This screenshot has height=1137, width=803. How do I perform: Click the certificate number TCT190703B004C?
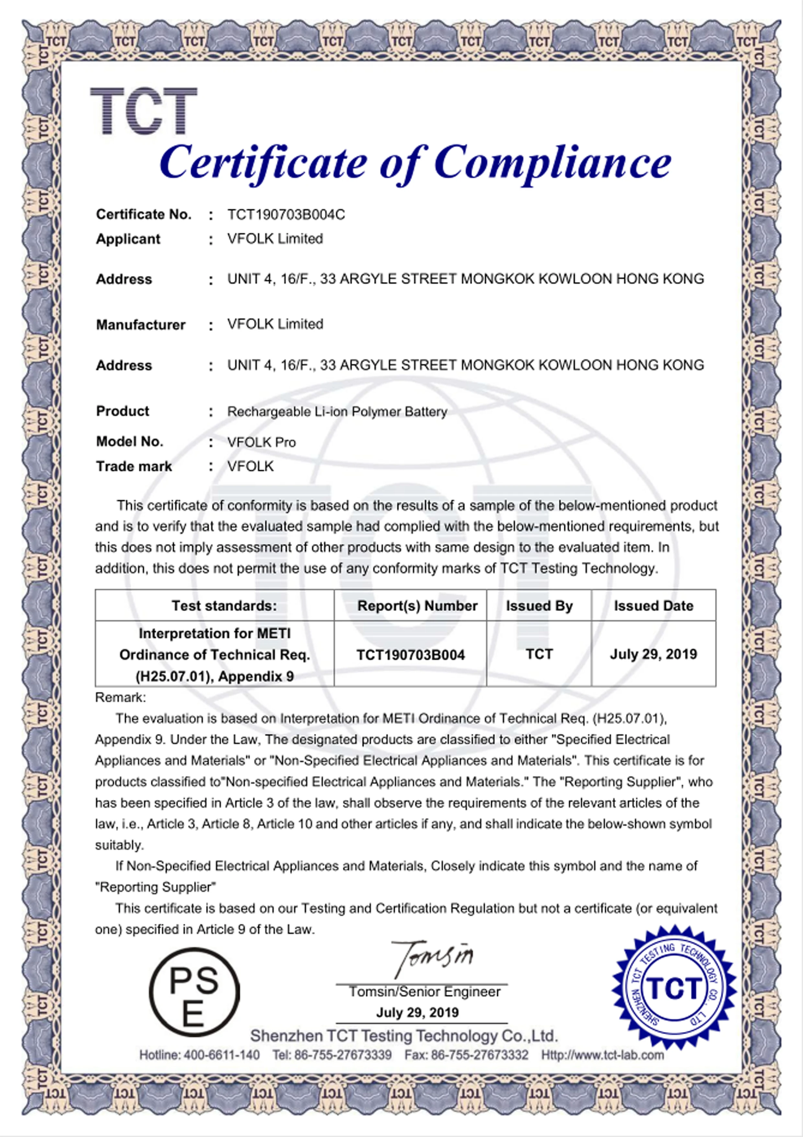click(286, 215)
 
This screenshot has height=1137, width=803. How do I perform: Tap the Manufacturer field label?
click(141, 324)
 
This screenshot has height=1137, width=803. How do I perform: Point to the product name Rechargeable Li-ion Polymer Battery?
click(337, 412)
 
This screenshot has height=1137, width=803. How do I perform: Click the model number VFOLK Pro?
click(261, 442)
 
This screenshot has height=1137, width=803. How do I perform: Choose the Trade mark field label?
click(134, 466)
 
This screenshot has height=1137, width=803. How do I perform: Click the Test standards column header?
click(224, 606)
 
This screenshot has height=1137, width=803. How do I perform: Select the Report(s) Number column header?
click(417, 606)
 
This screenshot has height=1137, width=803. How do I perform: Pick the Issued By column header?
click(539, 606)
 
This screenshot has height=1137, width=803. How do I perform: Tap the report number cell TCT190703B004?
click(411, 655)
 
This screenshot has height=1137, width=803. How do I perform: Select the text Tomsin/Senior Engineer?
click(424, 991)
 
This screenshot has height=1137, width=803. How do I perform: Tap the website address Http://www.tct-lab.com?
click(602, 1055)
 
